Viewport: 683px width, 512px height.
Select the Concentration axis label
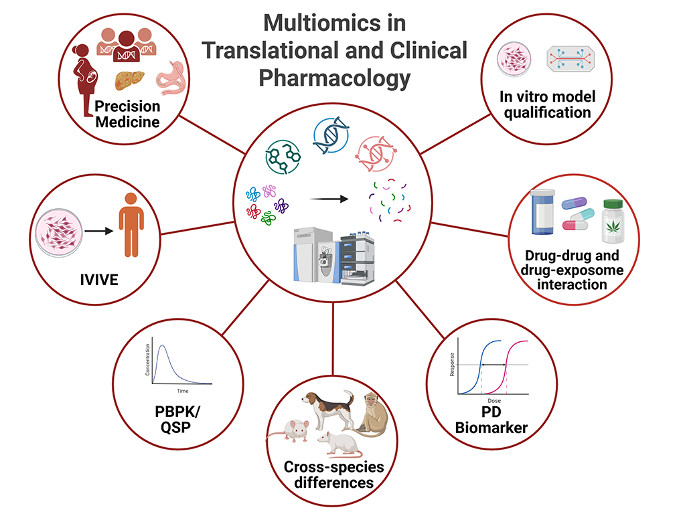pyautogui.click(x=148, y=361)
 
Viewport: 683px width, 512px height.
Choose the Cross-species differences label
pyautogui.click(x=327, y=474)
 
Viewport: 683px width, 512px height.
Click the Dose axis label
pyautogui.click(x=494, y=400)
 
